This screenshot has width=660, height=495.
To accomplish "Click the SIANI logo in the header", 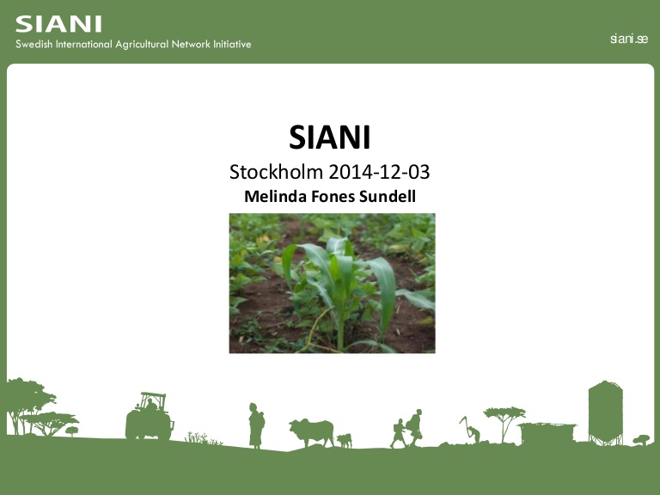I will pos(58,23).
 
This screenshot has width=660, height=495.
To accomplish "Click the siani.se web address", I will pos(628,40).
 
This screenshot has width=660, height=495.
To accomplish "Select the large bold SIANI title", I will pos(330,137).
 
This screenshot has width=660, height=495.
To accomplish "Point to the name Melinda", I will pos(274,197).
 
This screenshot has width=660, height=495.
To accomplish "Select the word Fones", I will pos(331,197).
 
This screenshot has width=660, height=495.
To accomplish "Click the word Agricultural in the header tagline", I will pos(146,45).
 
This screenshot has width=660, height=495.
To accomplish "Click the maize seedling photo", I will pos(332,283).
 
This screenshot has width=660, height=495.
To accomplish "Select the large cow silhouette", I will pos(311,431).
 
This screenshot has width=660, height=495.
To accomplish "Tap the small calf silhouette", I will pos(345,440).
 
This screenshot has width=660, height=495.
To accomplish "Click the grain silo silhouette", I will pos(605,411).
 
